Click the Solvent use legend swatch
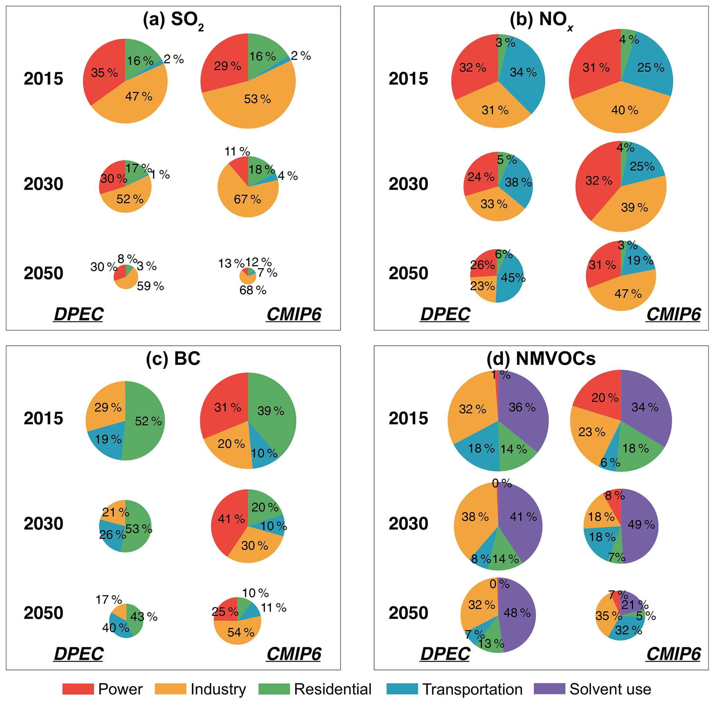[549, 689]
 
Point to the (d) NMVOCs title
[541, 358]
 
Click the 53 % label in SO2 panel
[257, 99]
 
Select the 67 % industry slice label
[247, 200]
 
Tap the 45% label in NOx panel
[513, 277]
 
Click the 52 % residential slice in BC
[148, 421]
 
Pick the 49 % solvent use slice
[641, 524]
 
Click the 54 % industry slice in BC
[241, 632]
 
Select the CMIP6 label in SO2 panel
[294, 314]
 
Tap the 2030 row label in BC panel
[43, 523]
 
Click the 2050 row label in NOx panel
[408, 273]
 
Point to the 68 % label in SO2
[253, 290]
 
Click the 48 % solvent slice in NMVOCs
[517, 613]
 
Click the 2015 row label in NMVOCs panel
[408, 418]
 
